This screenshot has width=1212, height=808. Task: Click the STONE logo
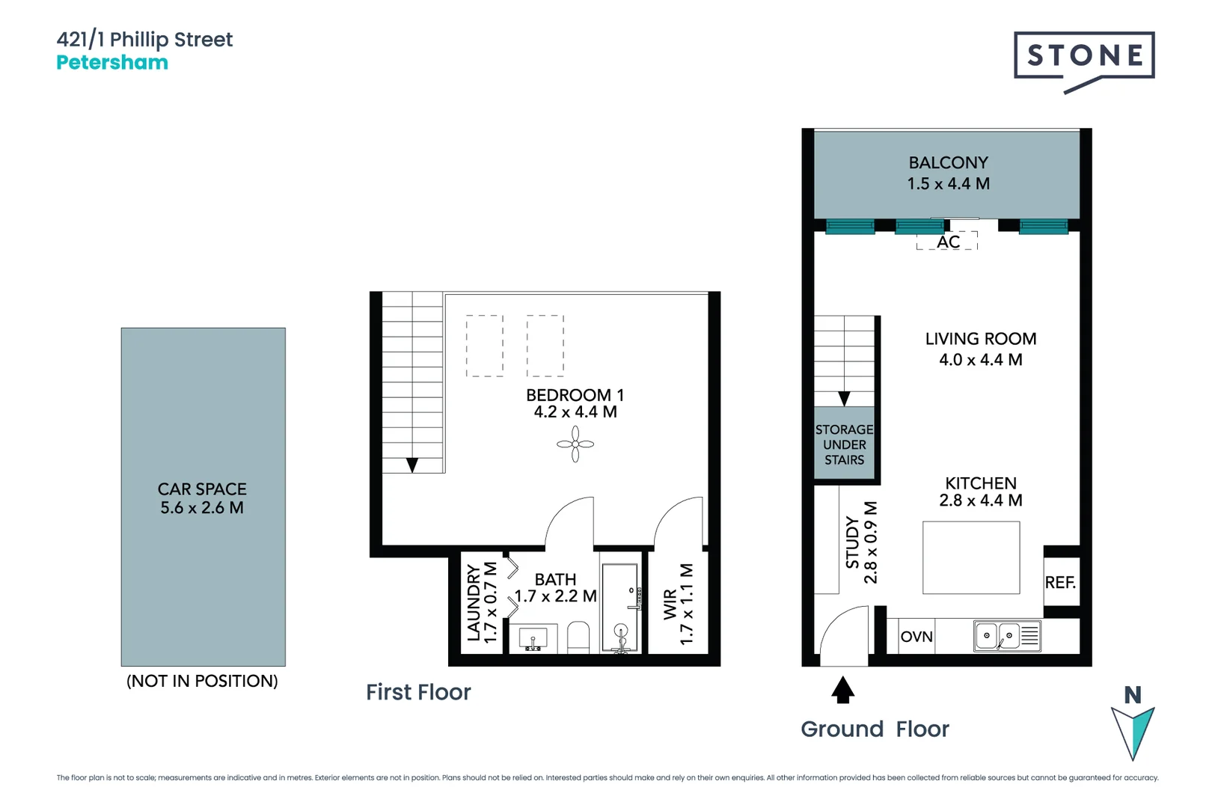coord(1084,56)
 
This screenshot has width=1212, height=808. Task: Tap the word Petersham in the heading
coord(112,63)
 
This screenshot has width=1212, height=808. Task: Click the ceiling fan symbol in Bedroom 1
coord(575,444)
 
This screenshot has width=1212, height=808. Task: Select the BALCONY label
coord(948,163)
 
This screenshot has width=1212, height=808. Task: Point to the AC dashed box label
coord(948,242)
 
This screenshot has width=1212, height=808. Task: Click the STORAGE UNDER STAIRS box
coord(844,444)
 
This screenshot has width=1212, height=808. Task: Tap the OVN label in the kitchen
coord(916,637)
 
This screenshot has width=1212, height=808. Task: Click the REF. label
coord(1060,583)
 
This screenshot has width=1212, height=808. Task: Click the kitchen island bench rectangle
coord(971,558)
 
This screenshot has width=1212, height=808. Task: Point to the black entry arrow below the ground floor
coord(842,690)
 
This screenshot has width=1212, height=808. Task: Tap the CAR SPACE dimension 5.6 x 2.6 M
coord(202,508)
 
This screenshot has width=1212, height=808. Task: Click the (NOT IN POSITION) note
coord(202,681)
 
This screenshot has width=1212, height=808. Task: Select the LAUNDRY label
coord(474,603)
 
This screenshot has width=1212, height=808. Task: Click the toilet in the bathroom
coord(578,637)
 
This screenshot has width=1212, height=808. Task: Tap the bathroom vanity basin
coord(533,639)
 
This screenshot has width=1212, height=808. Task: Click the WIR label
coord(670,604)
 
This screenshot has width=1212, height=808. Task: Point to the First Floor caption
coord(418,693)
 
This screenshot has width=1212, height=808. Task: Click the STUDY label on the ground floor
coord(852,542)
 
